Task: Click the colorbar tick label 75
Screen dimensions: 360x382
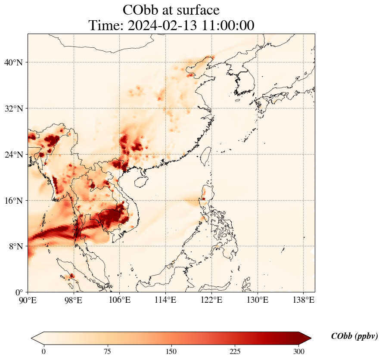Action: click(x=107, y=351)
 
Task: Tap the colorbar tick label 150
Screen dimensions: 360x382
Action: click(x=171, y=351)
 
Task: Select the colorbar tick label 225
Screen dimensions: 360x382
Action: click(x=235, y=351)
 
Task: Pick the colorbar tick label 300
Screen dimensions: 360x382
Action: click(x=299, y=351)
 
